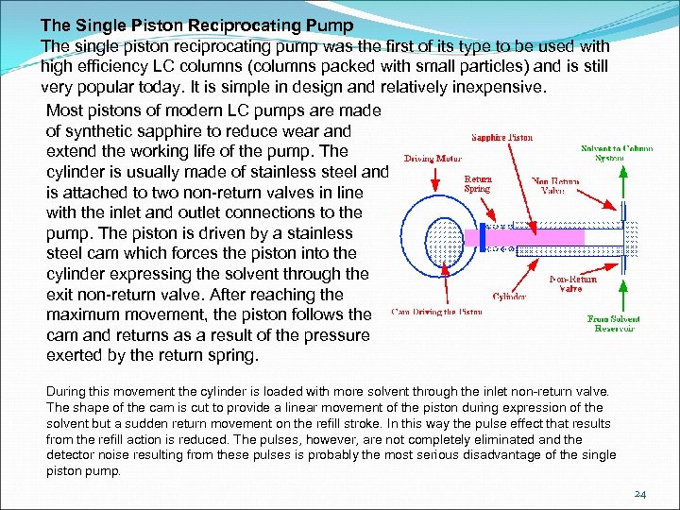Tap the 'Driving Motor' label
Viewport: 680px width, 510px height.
[433, 159]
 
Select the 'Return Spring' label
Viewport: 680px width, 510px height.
[478, 184]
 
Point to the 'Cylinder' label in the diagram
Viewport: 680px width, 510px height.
[509, 296]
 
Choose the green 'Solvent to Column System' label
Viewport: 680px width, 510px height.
[616, 152]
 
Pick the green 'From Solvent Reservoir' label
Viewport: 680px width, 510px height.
[613, 323]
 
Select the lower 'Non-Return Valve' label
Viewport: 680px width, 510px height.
[572, 284]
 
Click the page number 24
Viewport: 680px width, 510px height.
[640, 494]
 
